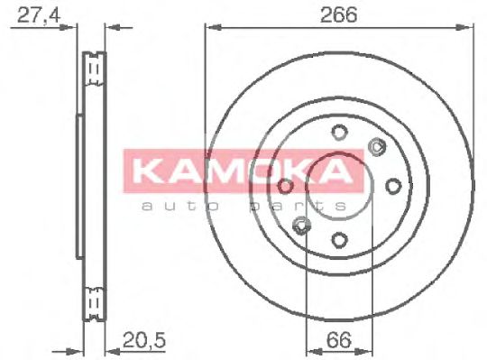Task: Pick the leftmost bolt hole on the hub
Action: tap(286, 186)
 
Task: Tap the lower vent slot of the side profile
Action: tap(93, 299)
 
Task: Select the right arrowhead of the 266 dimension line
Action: tap(469, 28)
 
